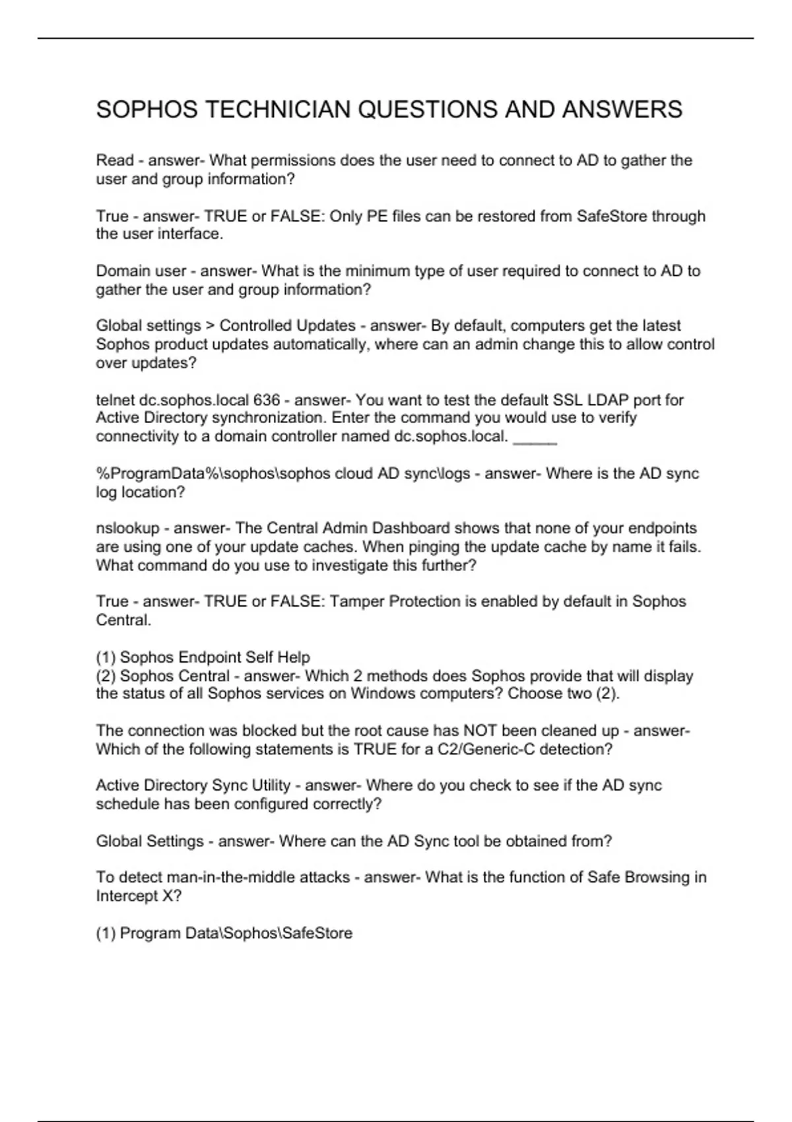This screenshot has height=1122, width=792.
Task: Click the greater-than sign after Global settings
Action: click(211, 326)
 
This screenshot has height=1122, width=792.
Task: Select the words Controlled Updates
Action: click(288, 326)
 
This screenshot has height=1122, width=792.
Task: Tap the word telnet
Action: click(115, 400)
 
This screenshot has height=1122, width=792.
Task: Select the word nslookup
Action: click(128, 529)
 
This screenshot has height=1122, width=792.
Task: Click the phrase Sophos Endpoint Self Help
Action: click(215, 657)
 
